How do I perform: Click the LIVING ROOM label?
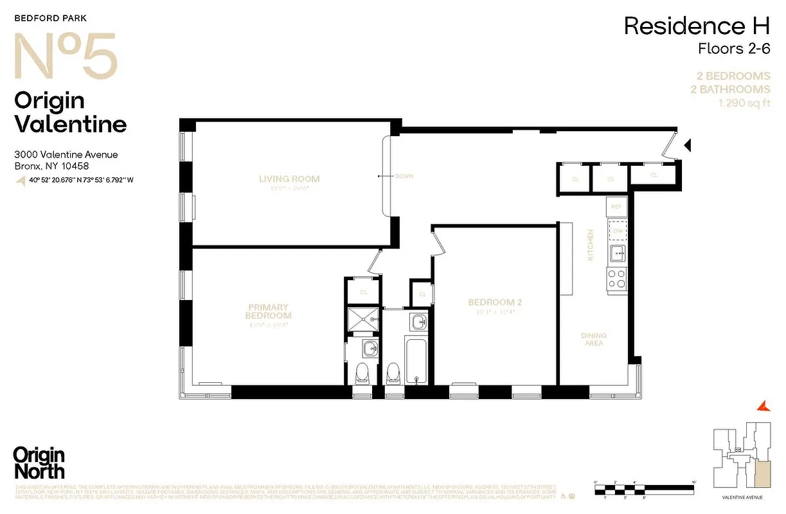point(289,179)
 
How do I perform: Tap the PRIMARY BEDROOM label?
point(269,312)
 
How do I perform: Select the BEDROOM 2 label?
point(491,303)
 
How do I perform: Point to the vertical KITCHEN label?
point(590,245)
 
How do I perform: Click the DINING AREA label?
point(593,340)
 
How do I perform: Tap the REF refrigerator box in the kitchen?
point(616,207)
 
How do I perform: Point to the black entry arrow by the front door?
point(686,146)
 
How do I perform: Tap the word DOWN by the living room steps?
point(404,176)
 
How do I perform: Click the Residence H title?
point(697,27)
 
